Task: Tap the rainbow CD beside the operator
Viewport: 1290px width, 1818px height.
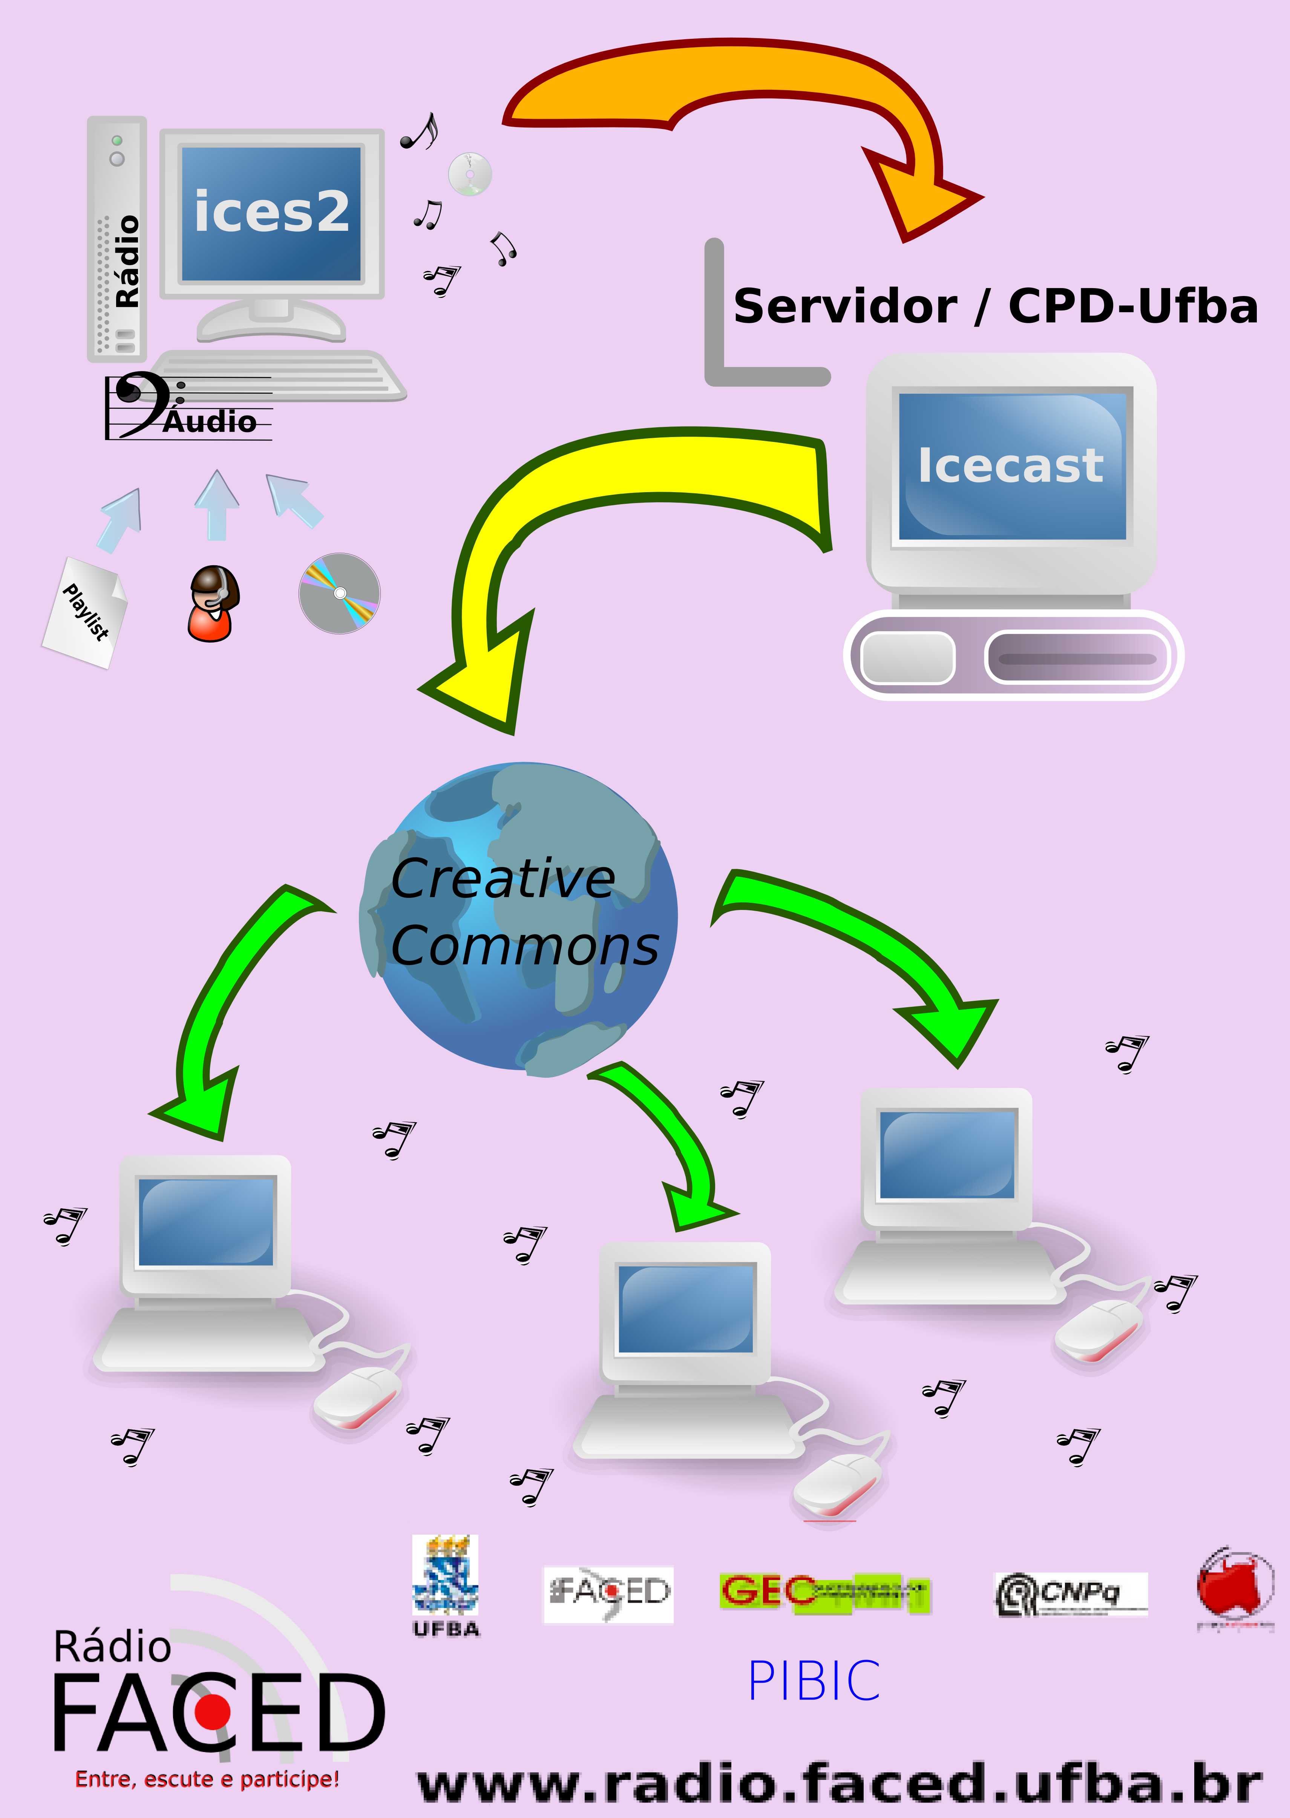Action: (x=339, y=593)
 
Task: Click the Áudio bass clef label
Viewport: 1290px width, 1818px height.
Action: (x=191, y=407)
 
